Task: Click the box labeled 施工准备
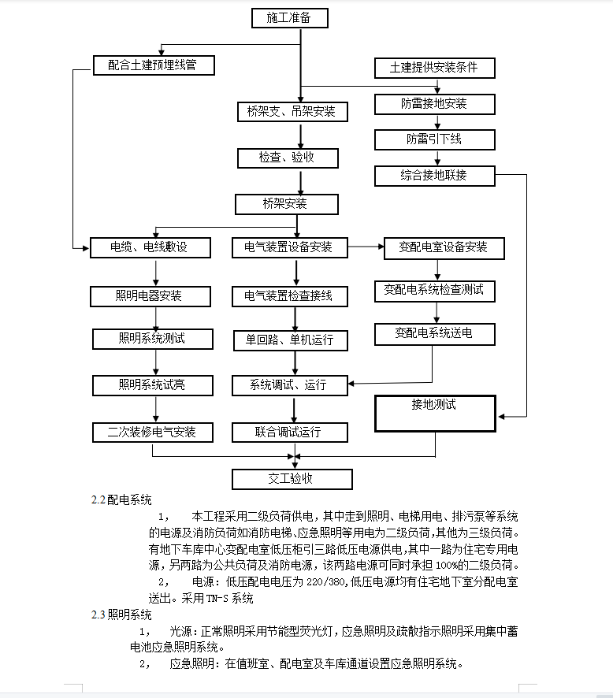click(x=288, y=17)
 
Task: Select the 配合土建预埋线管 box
click(x=154, y=65)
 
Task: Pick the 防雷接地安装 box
click(x=434, y=103)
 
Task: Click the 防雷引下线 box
click(x=434, y=139)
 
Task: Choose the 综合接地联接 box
click(x=434, y=175)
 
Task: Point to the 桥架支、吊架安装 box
click(x=291, y=112)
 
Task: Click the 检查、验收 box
click(x=288, y=158)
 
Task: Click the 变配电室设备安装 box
click(x=444, y=247)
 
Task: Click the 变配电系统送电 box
click(x=434, y=334)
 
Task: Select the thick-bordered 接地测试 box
click(x=435, y=413)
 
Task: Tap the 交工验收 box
click(x=292, y=479)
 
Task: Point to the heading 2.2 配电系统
click(x=121, y=499)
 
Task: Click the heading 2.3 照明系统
click(x=121, y=614)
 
